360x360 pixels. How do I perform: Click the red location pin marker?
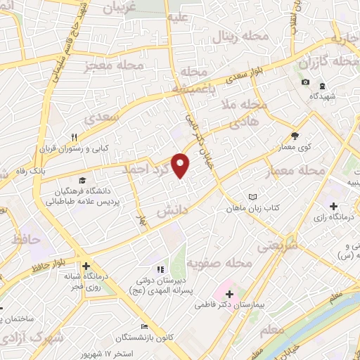pos(181,164)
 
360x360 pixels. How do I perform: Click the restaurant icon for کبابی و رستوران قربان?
pos(74,137)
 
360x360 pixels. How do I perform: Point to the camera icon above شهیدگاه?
pos(305,82)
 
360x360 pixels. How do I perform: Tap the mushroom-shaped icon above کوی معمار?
pos(295,136)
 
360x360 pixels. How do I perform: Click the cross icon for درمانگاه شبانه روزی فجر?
pos(86,266)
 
